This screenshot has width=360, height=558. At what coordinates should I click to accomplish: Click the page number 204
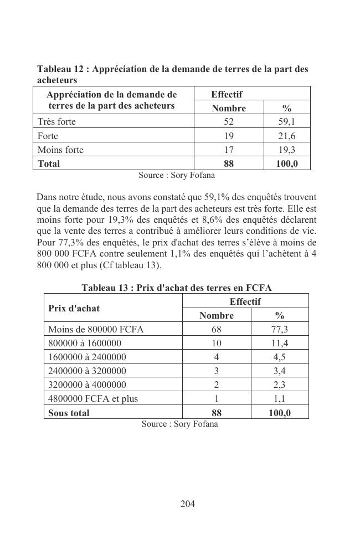[x=188, y=504]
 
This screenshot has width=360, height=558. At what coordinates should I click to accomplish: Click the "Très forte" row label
[x=56, y=121]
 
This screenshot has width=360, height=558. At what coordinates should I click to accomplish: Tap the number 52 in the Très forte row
[x=228, y=121]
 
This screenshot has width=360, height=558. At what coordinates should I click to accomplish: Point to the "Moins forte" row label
[x=60, y=150]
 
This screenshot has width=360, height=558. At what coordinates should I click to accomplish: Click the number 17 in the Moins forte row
[x=228, y=150]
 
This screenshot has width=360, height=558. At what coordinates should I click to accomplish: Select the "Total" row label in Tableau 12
[x=49, y=163]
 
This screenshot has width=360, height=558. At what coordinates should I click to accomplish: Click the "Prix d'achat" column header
[x=74, y=308]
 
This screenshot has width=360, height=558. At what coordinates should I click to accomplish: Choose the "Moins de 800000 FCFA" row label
[x=96, y=329]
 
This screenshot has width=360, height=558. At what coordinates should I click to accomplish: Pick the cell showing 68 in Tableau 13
[x=217, y=329]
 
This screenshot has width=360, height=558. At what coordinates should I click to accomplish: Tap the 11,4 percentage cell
[x=280, y=343]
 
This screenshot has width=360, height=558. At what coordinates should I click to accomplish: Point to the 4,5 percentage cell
[x=280, y=357]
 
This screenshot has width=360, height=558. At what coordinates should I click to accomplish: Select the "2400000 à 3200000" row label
[x=87, y=371]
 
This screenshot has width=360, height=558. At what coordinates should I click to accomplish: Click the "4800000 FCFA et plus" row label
[x=93, y=398]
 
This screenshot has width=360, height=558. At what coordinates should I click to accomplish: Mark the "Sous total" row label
[x=69, y=413]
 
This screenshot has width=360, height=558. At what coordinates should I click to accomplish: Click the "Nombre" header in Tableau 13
[x=217, y=315]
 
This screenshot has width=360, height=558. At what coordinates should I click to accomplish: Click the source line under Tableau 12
[x=177, y=175]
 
